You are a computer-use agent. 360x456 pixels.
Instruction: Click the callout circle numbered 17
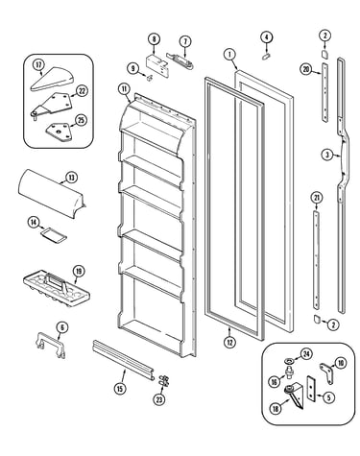pyautogui.click(x=38, y=65)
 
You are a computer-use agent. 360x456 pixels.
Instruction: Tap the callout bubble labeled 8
pyautogui.click(x=154, y=39)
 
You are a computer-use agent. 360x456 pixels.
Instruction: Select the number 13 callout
pyautogui.click(x=71, y=177)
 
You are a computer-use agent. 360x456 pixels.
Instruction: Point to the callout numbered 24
pyautogui.click(x=306, y=353)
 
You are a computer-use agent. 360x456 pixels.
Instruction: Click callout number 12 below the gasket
pyautogui.click(x=229, y=342)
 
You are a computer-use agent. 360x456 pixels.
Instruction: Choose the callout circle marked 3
pyautogui.click(x=326, y=156)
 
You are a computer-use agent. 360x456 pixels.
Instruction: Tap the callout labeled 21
pyautogui.click(x=317, y=199)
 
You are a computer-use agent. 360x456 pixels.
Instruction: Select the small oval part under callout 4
pyautogui.click(x=266, y=57)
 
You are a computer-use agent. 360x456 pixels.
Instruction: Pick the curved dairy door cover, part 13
pyautogui.click(x=51, y=194)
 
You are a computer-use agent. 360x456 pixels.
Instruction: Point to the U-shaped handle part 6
pyautogui.click(x=50, y=345)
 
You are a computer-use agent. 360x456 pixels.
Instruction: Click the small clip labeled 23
pyautogui.click(x=164, y=381)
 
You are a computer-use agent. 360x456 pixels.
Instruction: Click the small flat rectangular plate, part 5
pyautogui.click(x=311, y=388)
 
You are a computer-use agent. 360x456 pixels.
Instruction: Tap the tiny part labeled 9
pyautogui.click(x=149, y=78)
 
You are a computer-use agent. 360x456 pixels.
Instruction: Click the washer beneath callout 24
pyautogui.click(x=289, y=362)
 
